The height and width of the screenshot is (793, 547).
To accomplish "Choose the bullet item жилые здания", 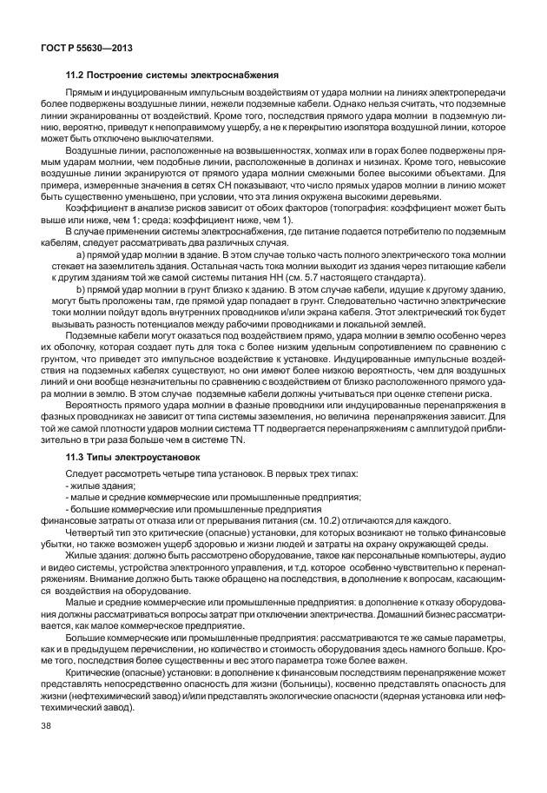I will pyautogui.click(x=96, y=487).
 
